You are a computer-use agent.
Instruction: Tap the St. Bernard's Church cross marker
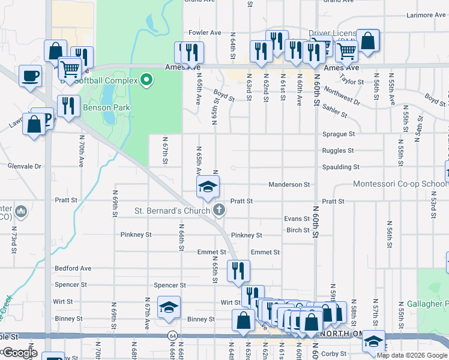[220, 210]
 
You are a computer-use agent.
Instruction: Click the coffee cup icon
[31, 76]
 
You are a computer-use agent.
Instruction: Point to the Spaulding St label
[340, 167]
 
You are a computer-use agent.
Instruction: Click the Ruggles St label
[338, 151]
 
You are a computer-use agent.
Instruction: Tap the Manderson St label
[289, 184]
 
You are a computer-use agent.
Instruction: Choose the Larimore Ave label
[424, 14]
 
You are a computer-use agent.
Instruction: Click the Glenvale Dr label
[24, 166]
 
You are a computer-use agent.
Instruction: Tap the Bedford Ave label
[73, 268]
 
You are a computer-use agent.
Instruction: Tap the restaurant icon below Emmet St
[238, 271]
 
